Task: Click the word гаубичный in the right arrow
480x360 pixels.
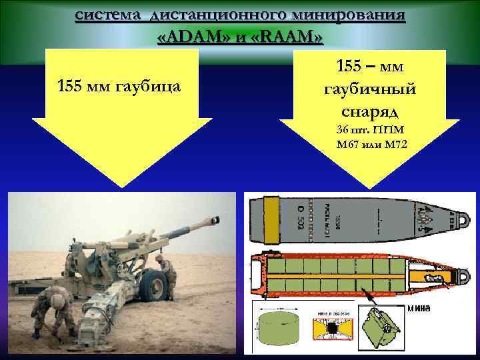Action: coord(369,89)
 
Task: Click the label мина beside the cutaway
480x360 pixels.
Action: coord(418,308)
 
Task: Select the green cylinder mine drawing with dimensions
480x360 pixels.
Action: coord(276,331)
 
